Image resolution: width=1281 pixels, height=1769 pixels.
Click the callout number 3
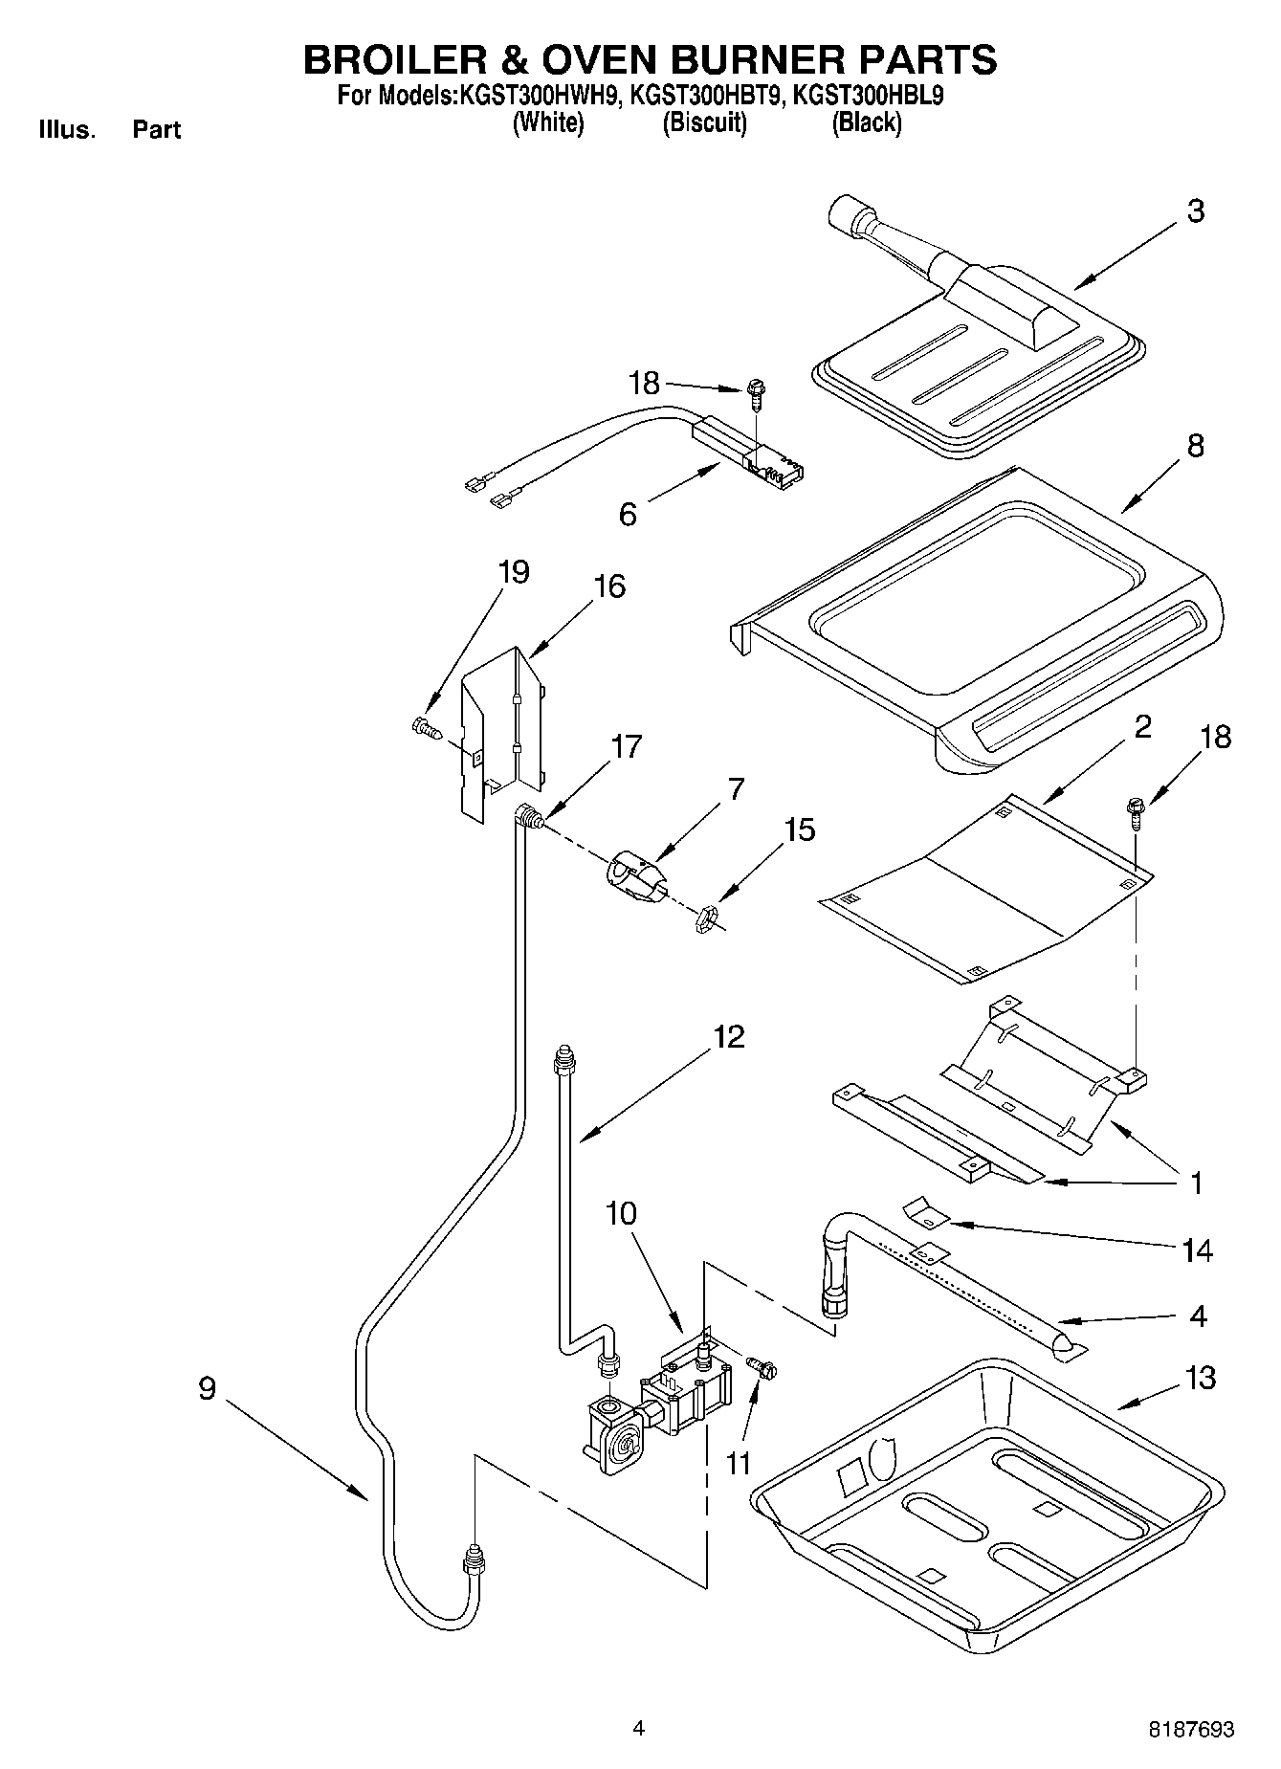click(x=1195, y=211)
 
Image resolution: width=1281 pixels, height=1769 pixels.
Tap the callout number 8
click(x=1195, y=446)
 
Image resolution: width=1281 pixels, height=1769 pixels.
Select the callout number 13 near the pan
click(x=1200, y=1378)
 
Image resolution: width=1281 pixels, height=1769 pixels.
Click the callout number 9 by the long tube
click(x=208, y=1388)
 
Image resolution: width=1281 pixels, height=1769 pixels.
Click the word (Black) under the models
click(x=866, y=122)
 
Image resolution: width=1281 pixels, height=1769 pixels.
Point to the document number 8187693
click(x=1191, y=1729)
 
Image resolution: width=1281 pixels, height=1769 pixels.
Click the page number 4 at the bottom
click(x=638, y=1728)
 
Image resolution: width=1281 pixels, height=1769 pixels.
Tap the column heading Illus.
click(x=67, y=129)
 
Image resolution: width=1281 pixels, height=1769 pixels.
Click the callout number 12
click(x=729, y=1037)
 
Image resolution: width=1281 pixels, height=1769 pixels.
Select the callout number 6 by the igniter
click(x=628, y=515)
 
